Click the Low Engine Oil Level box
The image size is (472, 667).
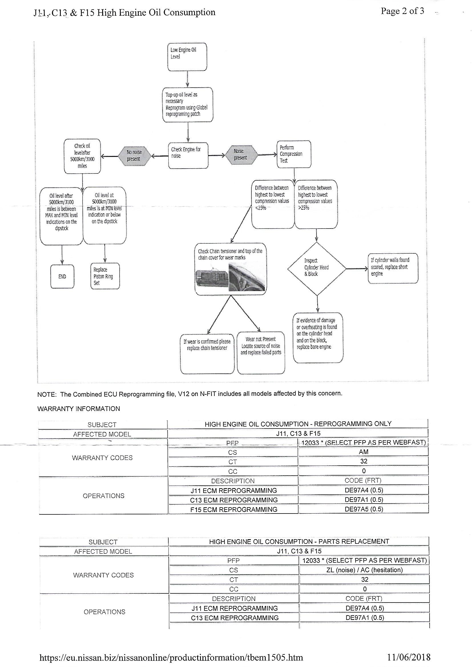(187, 57)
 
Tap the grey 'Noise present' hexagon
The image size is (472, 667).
(241, 154)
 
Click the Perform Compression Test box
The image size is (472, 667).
(294, 154)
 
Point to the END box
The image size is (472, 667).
(62, 276)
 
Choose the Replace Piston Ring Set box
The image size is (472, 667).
(105, 276)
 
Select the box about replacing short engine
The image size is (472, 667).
(393, 268)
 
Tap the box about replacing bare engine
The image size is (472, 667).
(318, 337)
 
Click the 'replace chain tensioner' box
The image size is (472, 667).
(207, 353)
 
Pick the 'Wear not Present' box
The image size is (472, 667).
(261, 352)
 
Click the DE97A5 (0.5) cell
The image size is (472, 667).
(364, 509)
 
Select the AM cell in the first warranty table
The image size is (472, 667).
(364, 452)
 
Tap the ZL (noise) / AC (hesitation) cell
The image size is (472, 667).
(364, 570)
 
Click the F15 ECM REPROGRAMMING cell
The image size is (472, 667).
(234, 510)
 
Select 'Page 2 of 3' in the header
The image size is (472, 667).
(402, 11)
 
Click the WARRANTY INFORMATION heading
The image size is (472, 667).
(78, 409)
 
